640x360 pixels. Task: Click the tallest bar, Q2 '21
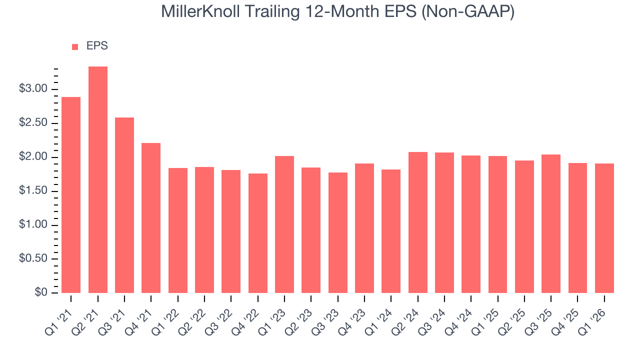98,180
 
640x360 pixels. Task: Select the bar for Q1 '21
71,195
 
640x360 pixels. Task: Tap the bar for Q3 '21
124,205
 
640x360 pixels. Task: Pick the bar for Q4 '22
258,233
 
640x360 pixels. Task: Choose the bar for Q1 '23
284,224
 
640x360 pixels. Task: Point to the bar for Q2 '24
418,222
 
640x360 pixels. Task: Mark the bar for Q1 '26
604,228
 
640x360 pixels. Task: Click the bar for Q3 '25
551,223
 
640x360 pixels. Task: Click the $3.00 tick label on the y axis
33,89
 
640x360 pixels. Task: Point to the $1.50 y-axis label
33,191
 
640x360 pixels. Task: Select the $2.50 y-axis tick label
33,123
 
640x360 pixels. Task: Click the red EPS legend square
75,47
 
